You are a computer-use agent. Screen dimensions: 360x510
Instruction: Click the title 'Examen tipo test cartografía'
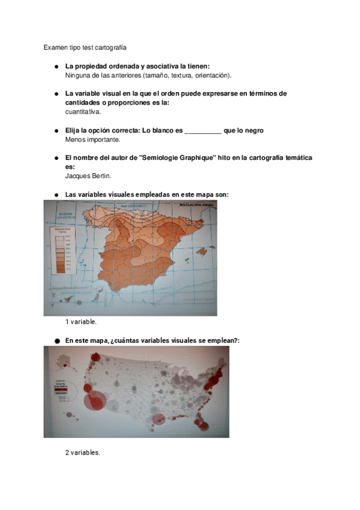[85, 46]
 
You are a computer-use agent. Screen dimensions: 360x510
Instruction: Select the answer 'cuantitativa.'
[83, 111]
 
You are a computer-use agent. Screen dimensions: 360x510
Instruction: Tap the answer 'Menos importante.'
[93, 140]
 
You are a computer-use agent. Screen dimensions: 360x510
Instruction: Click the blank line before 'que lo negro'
[202, 131]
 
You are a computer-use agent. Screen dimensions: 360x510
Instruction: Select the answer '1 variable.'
[81, 322]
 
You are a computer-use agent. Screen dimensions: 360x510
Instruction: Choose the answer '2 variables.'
[82, 452]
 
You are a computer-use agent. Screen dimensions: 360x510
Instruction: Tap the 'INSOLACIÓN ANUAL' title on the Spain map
[196, 206]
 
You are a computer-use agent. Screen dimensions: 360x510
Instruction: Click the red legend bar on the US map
[64, 389]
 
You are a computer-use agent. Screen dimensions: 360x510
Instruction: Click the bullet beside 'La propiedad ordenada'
[56, 66]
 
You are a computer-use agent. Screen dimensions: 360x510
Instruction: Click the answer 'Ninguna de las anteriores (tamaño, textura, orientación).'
[148, 75]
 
